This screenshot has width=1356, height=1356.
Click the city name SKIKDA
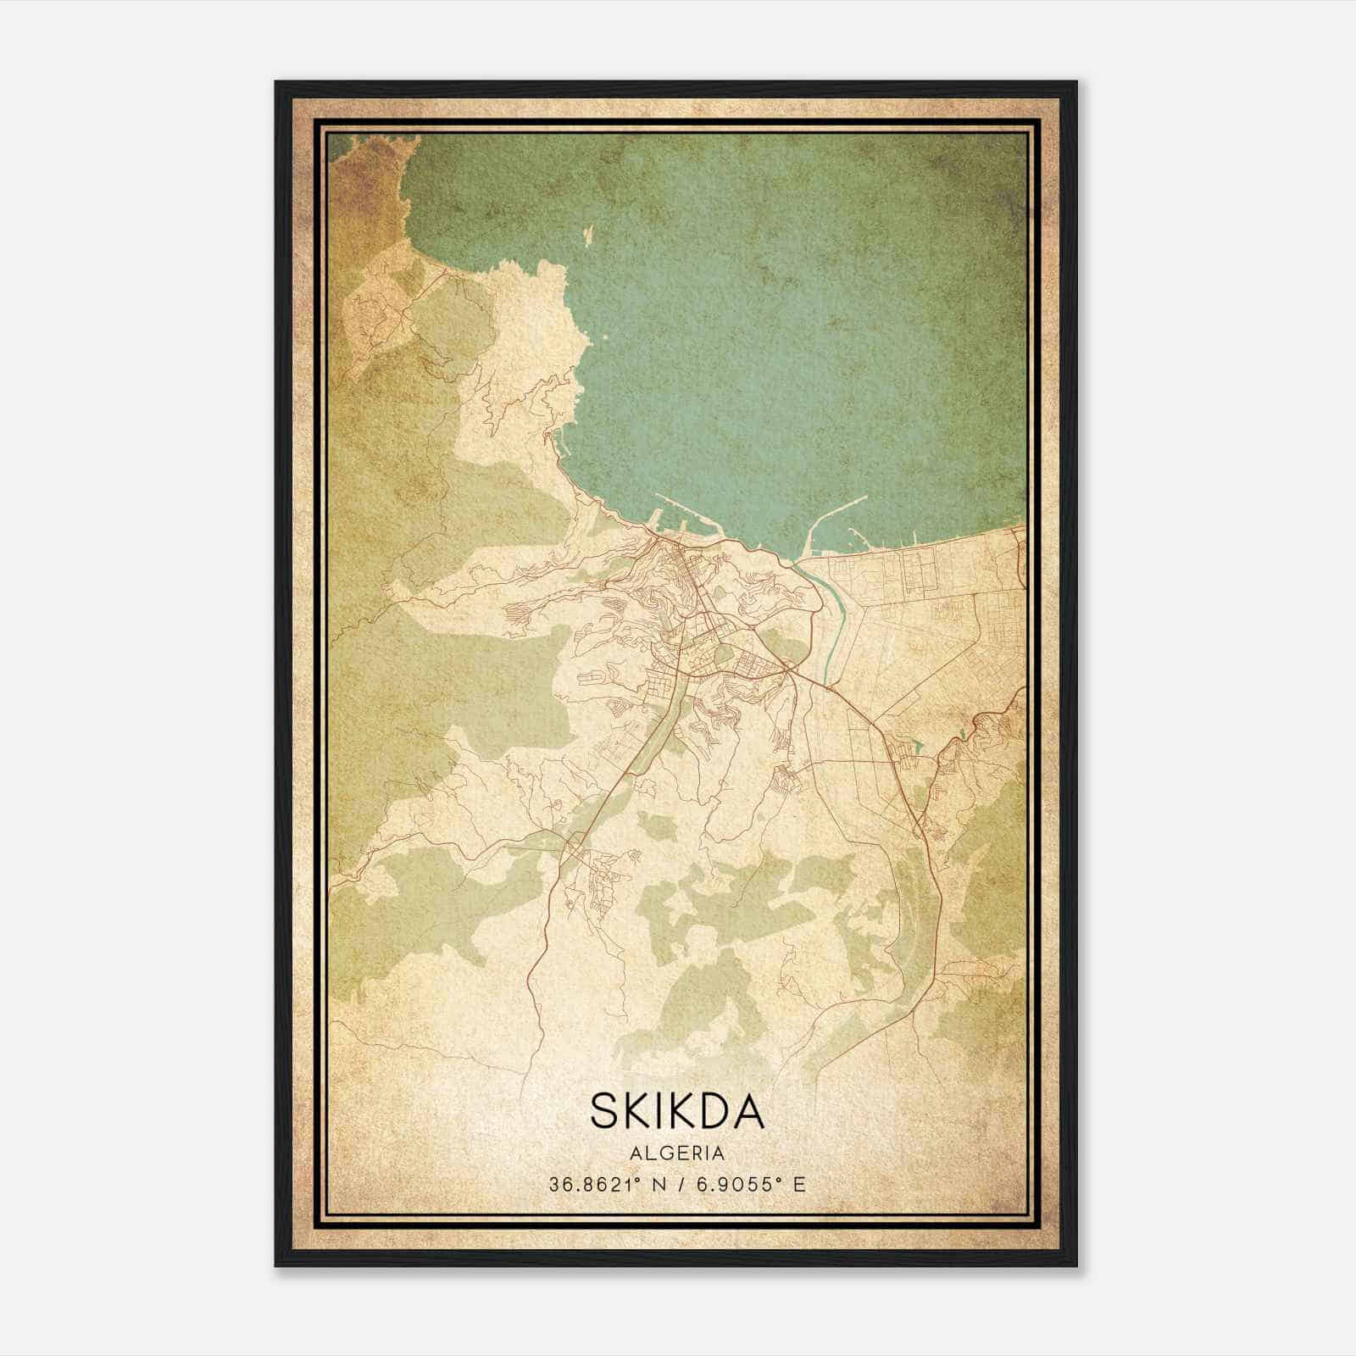[x=677, y=1111]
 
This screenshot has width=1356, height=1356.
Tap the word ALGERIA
[x=677, y=1153]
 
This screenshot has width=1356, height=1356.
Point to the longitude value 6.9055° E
[x=750, y=1185]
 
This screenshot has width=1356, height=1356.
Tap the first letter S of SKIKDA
[x=607, y=1111]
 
